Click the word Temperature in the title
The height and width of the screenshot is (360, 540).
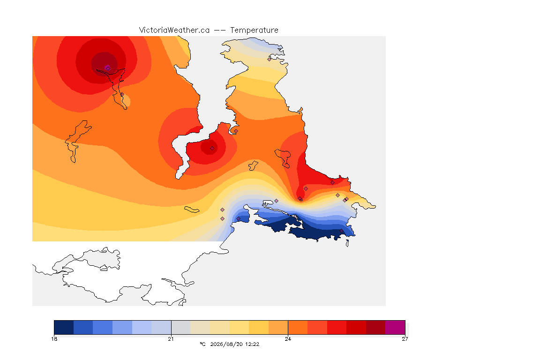click(x=254, y=30)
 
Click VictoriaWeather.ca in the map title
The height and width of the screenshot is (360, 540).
click(x=174, y=30)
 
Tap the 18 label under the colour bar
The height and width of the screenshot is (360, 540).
click(x=54, y=339)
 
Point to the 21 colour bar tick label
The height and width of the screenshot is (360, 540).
click(x=171, y=339)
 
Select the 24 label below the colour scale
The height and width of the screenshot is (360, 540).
click(x=288, y=339)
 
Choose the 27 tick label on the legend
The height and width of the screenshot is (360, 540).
click(x=405, y=339)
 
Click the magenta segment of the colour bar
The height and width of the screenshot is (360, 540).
click(x=395, y=327)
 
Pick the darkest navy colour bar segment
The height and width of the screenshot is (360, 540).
click(x=64, y=327)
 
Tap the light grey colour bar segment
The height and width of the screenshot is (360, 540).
click(x=181, y=327)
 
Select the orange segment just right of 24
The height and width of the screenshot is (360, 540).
click(x=298, y=327)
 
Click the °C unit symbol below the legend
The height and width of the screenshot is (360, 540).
click(x=203, y=344)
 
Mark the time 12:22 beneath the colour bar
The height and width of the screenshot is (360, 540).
click(x=252, y=344)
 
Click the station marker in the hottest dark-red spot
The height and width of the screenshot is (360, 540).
click(x=108, y=68)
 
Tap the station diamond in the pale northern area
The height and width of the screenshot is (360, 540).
click(x=270, y=59)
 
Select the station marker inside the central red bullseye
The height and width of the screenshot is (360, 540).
click(x=212, y=149)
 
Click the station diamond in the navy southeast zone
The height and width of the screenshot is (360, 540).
click(x=341, y=231)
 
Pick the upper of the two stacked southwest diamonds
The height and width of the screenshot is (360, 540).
click(x=223, y=210)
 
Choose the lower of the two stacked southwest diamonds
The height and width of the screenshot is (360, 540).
click(x=223, y=219)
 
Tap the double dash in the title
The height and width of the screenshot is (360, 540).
click(x=220, y=30)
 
